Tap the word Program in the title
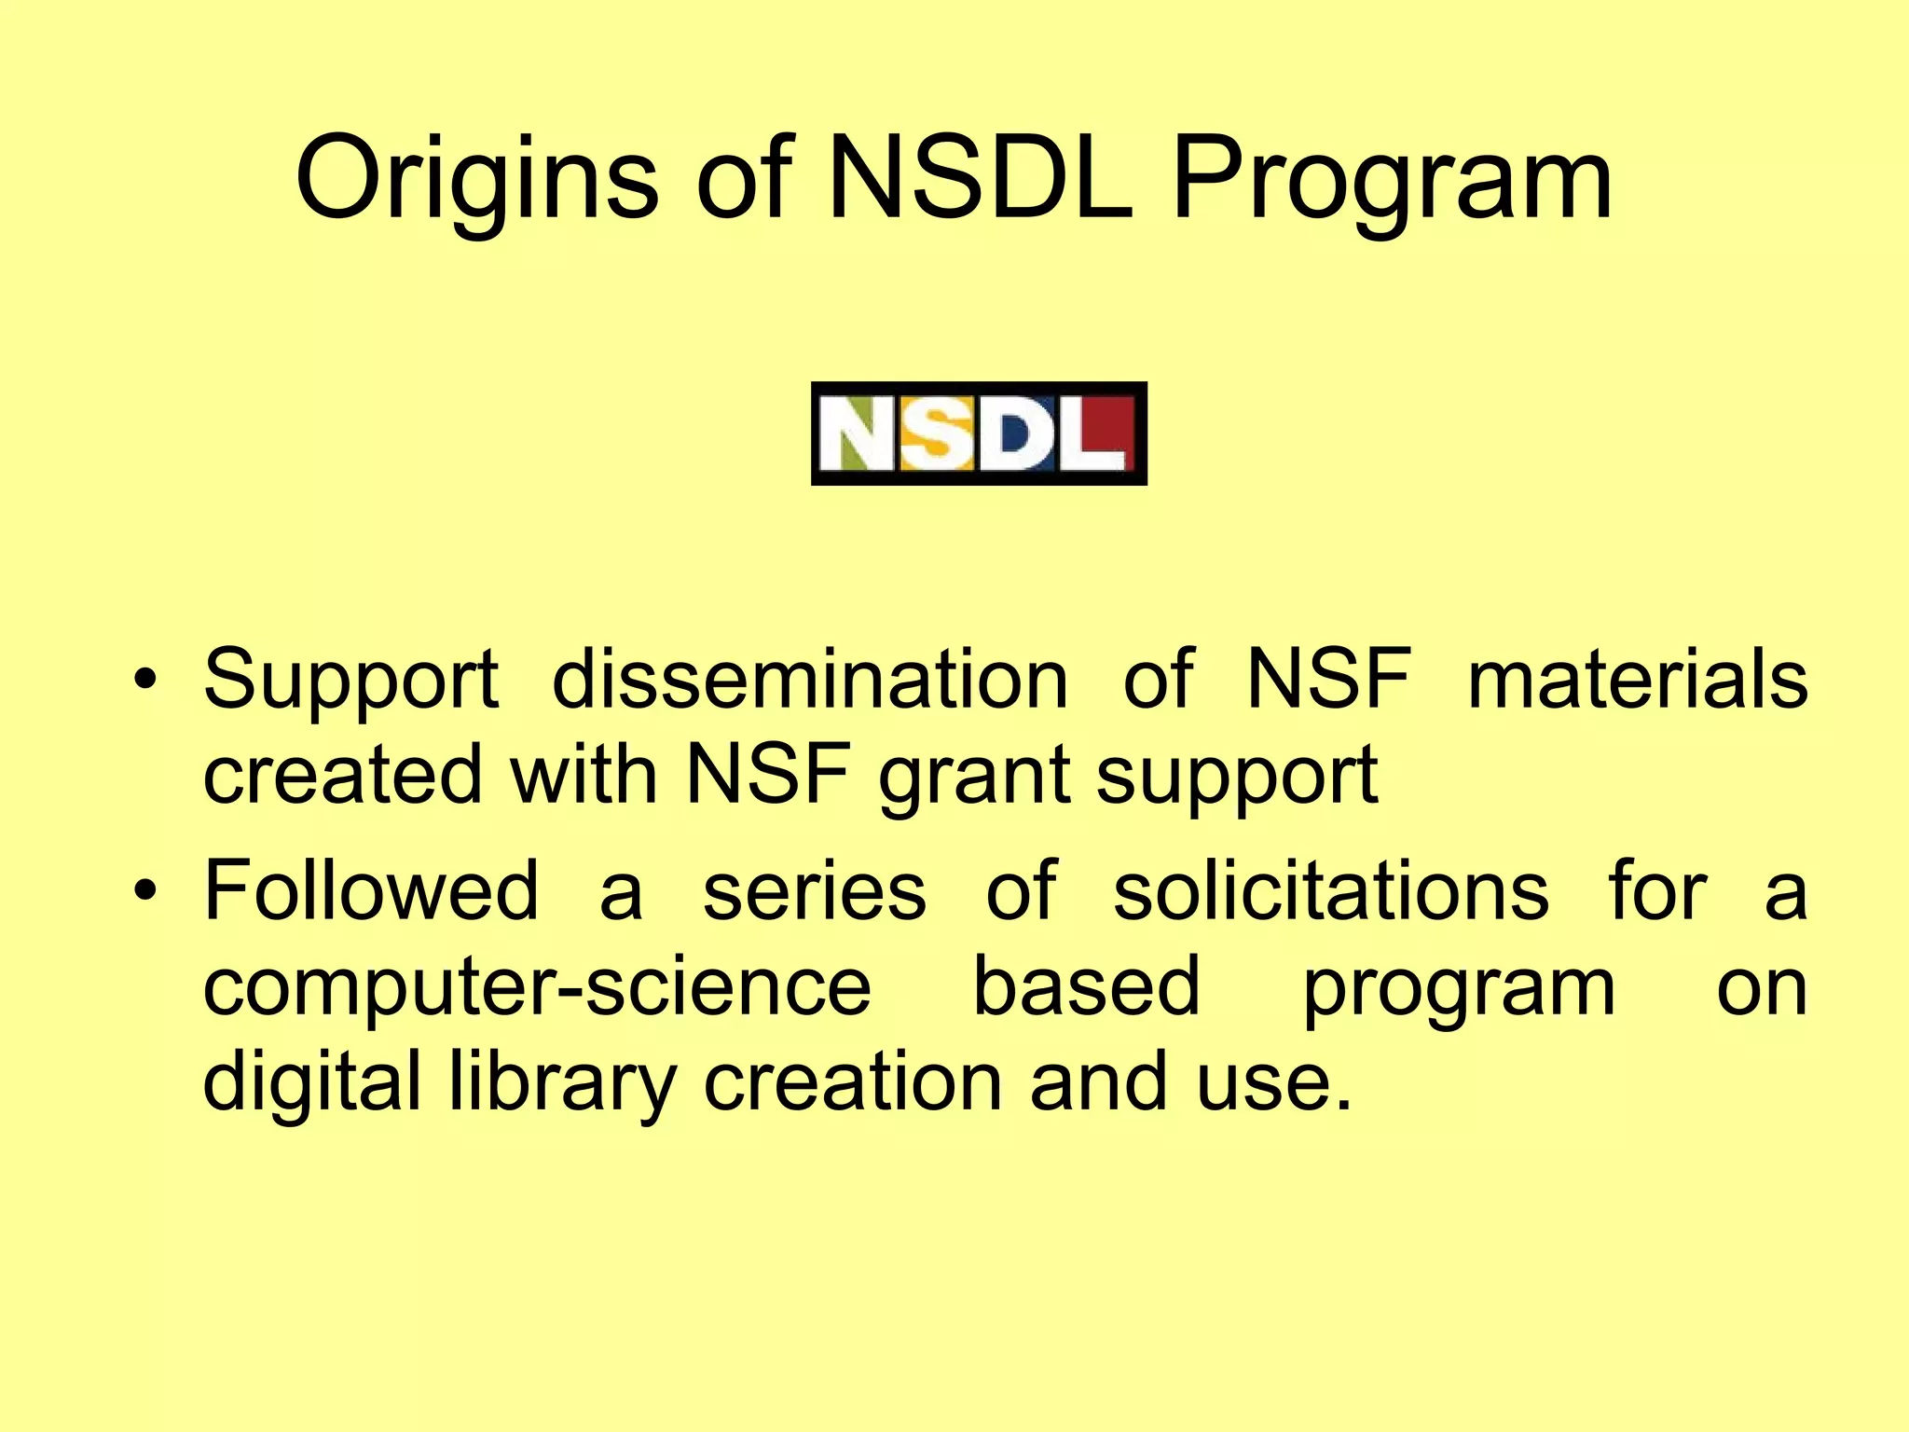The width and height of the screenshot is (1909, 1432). [x=1391, y=179]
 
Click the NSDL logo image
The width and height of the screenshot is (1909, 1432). [x=979, y=434]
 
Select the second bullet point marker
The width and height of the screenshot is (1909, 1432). [x=144, y=891]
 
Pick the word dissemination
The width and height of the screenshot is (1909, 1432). [x=809, y=680]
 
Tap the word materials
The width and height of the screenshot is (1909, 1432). [x=1638, y=680]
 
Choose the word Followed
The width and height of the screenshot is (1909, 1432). [x=371, y=891]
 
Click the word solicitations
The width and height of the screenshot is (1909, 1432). [x=1331, y=891]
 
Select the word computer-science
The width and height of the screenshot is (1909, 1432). [x=537, y=988]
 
